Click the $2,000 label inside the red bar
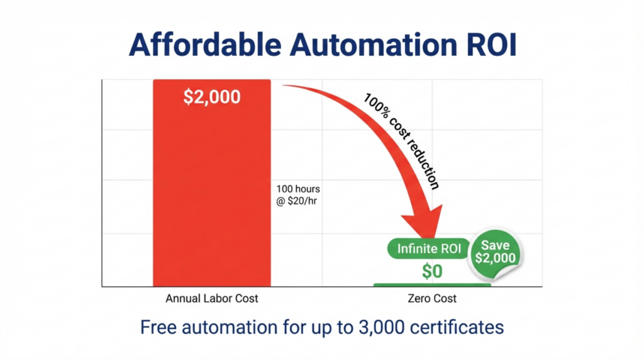(x=212, y=97)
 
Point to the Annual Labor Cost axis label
(x=212, y=299)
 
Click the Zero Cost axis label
(x=432, y=299)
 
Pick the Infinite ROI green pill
(x=429, y=249)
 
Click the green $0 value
(x=432, y=272)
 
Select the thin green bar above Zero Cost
(x=432, y=285)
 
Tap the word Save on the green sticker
(x=496, y=244)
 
